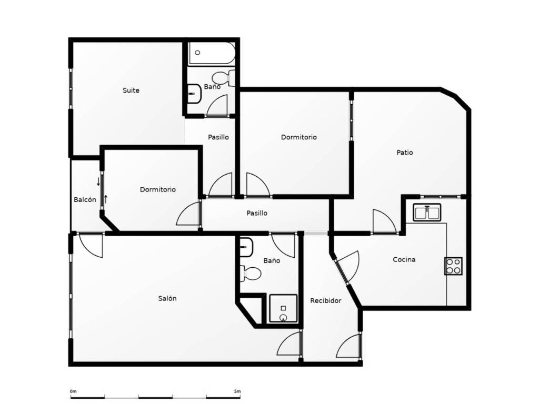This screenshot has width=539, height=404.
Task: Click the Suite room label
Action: [131, 90]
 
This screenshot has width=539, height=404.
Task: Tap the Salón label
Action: [167, 298]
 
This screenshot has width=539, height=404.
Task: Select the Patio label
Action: [405, 152]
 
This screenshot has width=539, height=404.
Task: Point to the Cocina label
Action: [404, 259]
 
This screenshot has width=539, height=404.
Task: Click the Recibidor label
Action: [325, 300]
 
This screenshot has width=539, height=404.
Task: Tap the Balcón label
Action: [85, 199]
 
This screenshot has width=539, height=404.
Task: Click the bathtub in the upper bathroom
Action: [212, 53]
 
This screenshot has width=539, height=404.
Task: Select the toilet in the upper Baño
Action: [223, 78]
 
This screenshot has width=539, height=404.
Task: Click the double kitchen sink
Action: [427, 213]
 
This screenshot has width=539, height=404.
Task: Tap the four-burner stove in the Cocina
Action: [453, 266]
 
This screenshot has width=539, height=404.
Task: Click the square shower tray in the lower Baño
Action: [283, 308]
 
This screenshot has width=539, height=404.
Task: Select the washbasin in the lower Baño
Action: [246, 247]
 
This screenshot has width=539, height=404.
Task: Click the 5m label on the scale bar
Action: [237, 391]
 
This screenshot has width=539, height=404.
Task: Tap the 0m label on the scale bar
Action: [73, 391]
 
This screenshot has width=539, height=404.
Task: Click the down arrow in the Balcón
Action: [98, 181]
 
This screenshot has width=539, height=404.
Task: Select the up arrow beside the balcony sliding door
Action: [106, 199]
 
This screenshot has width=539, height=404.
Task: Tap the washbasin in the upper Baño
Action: [194, 94]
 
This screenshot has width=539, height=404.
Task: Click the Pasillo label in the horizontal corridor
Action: [257, 213]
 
